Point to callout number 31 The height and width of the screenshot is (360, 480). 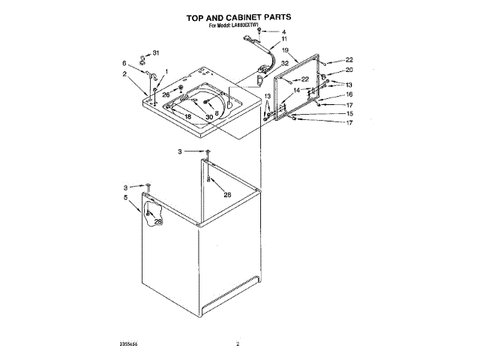156,52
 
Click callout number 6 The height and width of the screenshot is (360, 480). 124,63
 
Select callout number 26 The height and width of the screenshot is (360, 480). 166,94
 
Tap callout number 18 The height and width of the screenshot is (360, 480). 188,117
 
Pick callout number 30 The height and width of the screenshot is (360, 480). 209,117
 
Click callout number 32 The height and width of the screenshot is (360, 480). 284,63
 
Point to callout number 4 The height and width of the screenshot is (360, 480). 283,32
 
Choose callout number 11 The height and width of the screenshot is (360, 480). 284,40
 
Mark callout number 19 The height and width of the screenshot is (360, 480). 285,50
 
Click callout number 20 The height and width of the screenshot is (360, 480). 348,70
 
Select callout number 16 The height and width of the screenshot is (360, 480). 348,95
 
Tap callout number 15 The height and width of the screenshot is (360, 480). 348,113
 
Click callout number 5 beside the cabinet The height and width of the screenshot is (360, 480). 125,197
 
